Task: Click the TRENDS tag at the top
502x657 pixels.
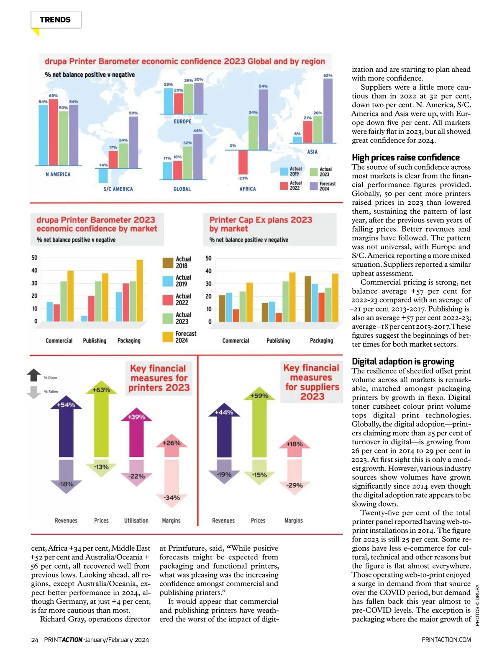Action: (56, 20)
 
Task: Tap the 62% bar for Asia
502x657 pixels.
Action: (328, 111)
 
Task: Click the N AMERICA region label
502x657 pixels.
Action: (58, 174)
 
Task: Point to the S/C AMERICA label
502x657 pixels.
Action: (118, 189)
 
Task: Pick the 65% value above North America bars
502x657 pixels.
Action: (53, 95)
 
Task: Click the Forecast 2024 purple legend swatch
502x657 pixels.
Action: (314, 186)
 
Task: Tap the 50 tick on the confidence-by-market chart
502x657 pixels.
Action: (34, 258)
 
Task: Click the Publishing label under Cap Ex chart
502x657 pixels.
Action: (278, 341)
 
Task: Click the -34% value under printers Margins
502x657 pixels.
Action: (172, 497)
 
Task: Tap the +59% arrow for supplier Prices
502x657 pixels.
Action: (259, 427)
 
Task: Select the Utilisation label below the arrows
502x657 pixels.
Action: (136, 520)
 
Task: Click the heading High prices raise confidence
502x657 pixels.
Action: (405, 157)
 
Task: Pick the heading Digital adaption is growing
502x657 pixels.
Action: (402, 361)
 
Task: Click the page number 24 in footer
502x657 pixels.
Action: (35, 639)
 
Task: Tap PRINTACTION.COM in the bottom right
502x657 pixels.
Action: (446, 639)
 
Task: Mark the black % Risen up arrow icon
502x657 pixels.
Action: (34, 375)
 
